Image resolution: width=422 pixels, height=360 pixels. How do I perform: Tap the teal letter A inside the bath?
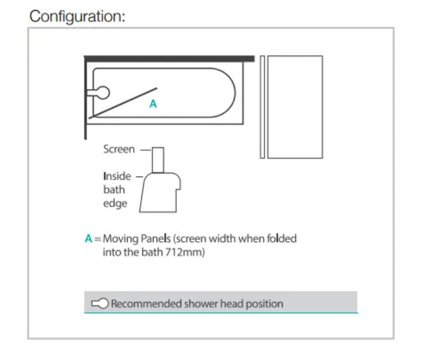pyautogui.click(x=153, y=104)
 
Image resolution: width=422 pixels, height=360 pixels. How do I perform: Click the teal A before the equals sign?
pyautogui.click(x=89, y=238)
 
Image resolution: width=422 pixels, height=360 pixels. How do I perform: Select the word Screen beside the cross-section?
pyautogui.click(x=119, y=149)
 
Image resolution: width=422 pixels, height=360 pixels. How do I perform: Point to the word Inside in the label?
pyautogui.click(x=117, y=176)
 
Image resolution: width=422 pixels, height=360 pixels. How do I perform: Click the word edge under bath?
pyautogui.click(x=115, y=203)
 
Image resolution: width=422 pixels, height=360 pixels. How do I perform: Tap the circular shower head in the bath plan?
pyautogui.click(x=103, y=93)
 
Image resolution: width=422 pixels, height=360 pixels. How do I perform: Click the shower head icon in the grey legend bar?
pyautogui.click(x=100, y=304)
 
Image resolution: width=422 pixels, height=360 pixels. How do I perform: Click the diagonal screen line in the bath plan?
pyautogui.click(x=123, y=103)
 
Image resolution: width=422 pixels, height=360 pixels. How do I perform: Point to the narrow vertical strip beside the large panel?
pyautogui.click(x=263, y=107)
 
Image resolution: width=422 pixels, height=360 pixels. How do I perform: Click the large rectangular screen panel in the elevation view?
pyautogui.click(x=295, y=107)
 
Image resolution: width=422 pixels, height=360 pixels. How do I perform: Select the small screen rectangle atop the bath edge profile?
pyautogui.click(x=158, y=160)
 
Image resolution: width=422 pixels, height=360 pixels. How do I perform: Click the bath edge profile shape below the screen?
pyautogui.click(x=160, y=192)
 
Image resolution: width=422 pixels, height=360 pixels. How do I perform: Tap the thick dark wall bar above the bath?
pyautogui.click(x=169, y=59)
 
